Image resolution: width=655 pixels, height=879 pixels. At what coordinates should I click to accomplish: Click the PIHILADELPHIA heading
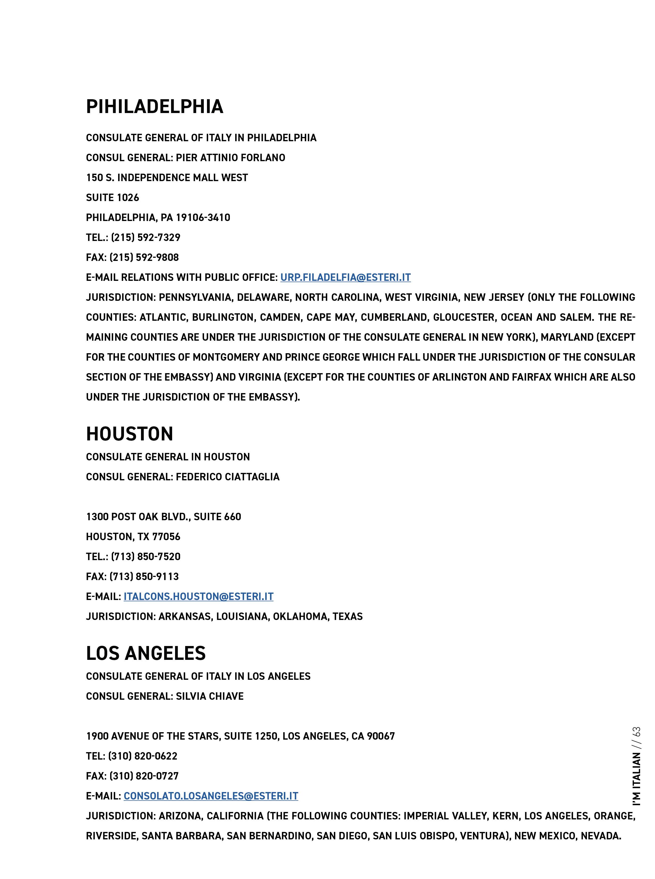coord(155,107)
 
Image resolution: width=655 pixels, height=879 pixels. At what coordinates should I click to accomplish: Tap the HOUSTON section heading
coord(130,434)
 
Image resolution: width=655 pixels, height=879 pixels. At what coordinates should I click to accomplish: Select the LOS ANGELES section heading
coord(146,653)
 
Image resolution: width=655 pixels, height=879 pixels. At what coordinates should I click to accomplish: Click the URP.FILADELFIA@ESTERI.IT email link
coord(345,277)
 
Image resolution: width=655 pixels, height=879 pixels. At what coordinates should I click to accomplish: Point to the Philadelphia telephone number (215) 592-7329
coord(146,238)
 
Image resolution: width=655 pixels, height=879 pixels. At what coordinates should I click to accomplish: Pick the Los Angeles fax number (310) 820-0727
coord(144,776)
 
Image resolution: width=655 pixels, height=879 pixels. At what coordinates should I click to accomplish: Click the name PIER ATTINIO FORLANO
coord(230,158)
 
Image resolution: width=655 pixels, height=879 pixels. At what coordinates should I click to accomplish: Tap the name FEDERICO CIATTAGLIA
coord(227,477)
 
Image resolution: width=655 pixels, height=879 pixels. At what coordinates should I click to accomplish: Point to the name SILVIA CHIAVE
coord(210,696)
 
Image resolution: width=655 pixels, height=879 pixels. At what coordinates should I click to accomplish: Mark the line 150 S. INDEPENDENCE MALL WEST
coord(167,178)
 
